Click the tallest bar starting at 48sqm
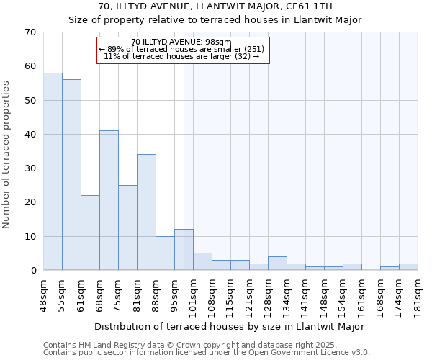pos(53,171)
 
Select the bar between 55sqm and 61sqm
pos(71,175)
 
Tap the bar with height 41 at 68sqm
pos(109,200)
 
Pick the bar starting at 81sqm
pos(146,212)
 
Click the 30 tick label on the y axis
pos(30,168)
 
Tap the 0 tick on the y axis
pos(32,271)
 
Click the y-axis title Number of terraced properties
pos(7,154)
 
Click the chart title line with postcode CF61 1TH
pos(215,6)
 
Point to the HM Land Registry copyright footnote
pos(206,345)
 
